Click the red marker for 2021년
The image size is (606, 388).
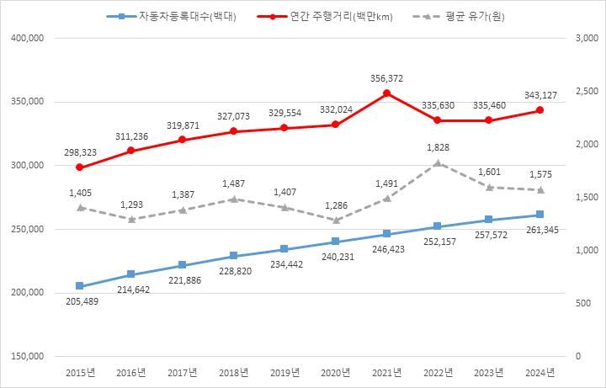point(386,93)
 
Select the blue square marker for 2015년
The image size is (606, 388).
point(80,286)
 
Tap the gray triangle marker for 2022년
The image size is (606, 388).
point(438,163)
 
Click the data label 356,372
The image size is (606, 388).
point(386,78)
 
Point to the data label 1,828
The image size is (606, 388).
point(438,147)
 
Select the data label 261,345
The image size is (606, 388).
point(540,231)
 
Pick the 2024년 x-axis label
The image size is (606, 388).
point(540,373)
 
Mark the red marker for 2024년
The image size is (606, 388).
point(540,110)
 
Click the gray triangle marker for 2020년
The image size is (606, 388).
point(335,221)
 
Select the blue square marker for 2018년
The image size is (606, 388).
point(233,256)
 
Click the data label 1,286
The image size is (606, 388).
point(335,205)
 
